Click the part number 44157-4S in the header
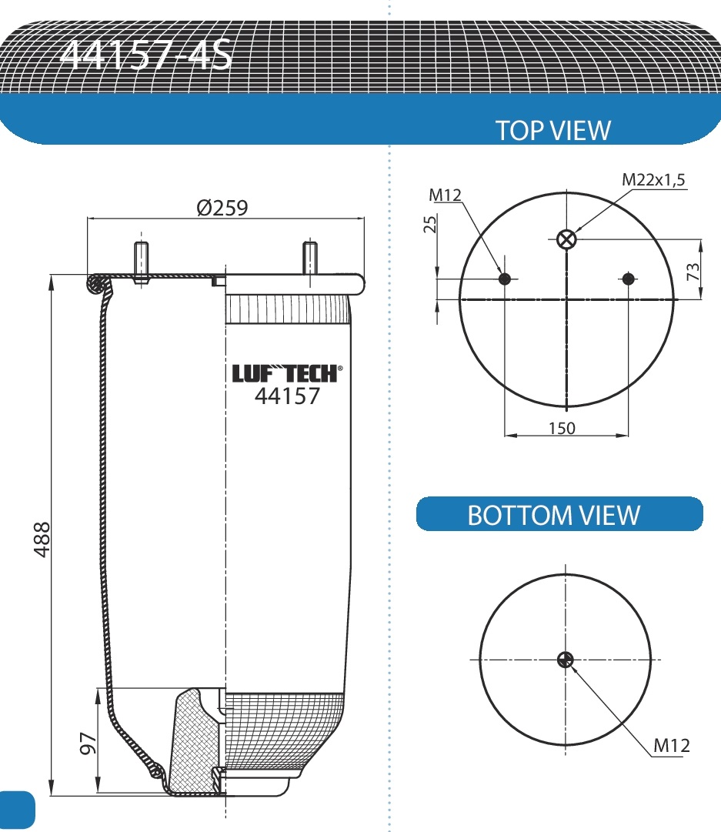145,54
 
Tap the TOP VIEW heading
552,130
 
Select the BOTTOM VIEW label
553,515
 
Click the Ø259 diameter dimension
222,208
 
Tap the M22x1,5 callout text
653,179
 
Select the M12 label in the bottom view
671,744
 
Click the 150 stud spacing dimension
562,428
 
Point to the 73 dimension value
693,270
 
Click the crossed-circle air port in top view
566,239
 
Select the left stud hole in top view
505,278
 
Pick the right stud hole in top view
629,278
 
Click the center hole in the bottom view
566,659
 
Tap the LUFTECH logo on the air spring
285,373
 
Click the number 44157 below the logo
286,396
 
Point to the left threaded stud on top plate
141,262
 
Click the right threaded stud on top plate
309,259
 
